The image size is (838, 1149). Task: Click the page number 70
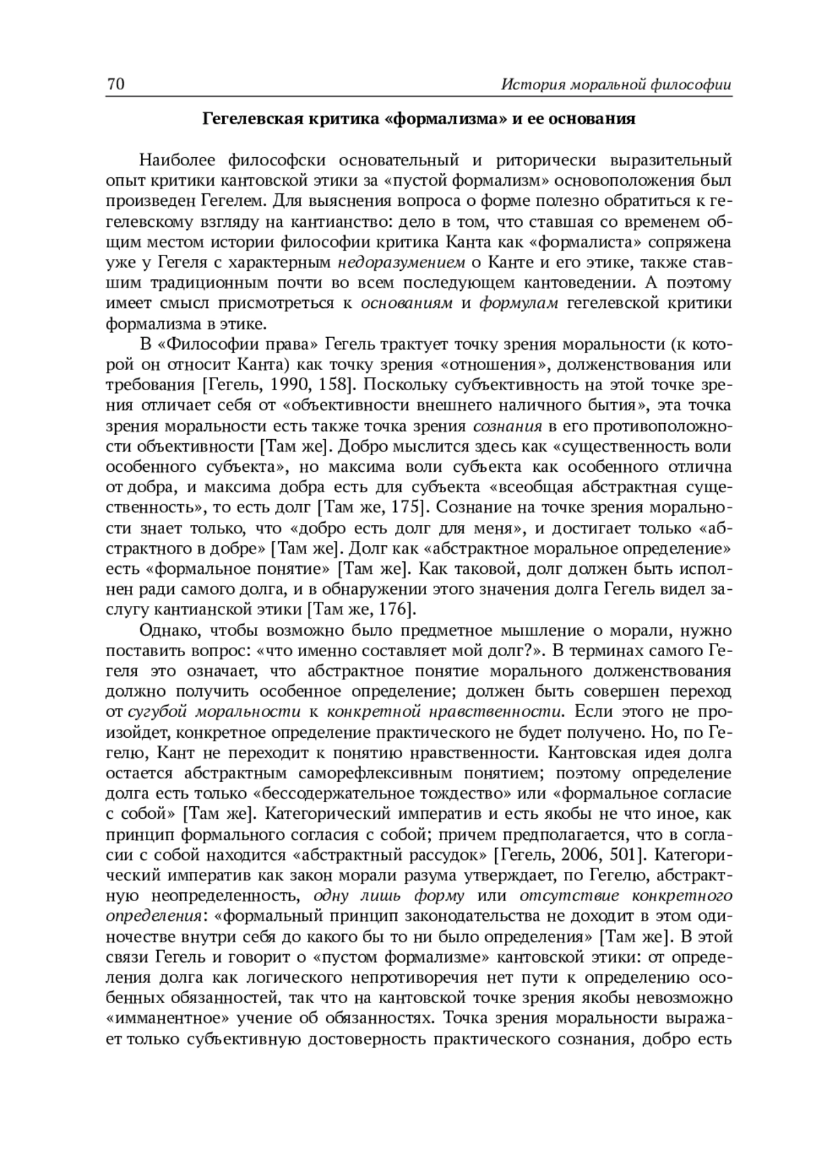[x=115, y=85]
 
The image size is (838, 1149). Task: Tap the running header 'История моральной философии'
[x=617, y=85]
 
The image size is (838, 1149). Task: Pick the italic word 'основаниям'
[x=406, y=304]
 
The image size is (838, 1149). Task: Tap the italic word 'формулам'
[x=518, y=304]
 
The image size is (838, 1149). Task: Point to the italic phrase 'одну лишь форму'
[x=390, y=896]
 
